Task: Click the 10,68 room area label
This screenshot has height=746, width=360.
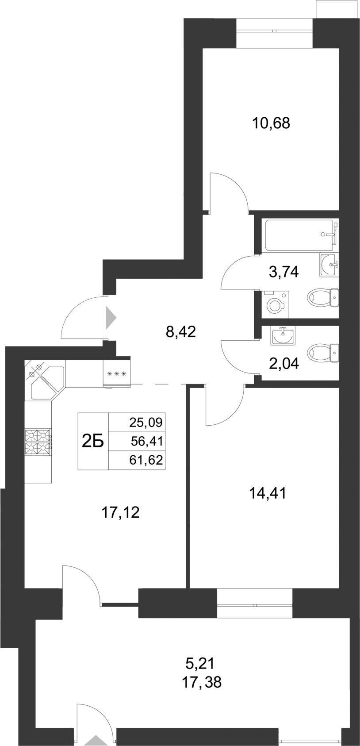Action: coord(271,123)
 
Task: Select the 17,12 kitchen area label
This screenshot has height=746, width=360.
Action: coord(121,512)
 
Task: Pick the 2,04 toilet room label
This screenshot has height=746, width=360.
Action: coord(284,364)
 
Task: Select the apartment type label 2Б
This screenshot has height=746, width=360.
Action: coord(93,441)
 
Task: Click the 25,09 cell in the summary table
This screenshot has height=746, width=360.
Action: coord(146,422)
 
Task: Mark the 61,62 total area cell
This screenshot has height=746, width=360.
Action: coord(146,460)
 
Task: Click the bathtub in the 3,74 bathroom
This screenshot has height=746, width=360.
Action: coord(298,235)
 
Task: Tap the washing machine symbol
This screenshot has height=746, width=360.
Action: coord(275,304)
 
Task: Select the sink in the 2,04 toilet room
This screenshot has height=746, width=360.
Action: coord(282,337)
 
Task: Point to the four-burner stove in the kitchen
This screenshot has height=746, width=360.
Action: coord(38,442)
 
